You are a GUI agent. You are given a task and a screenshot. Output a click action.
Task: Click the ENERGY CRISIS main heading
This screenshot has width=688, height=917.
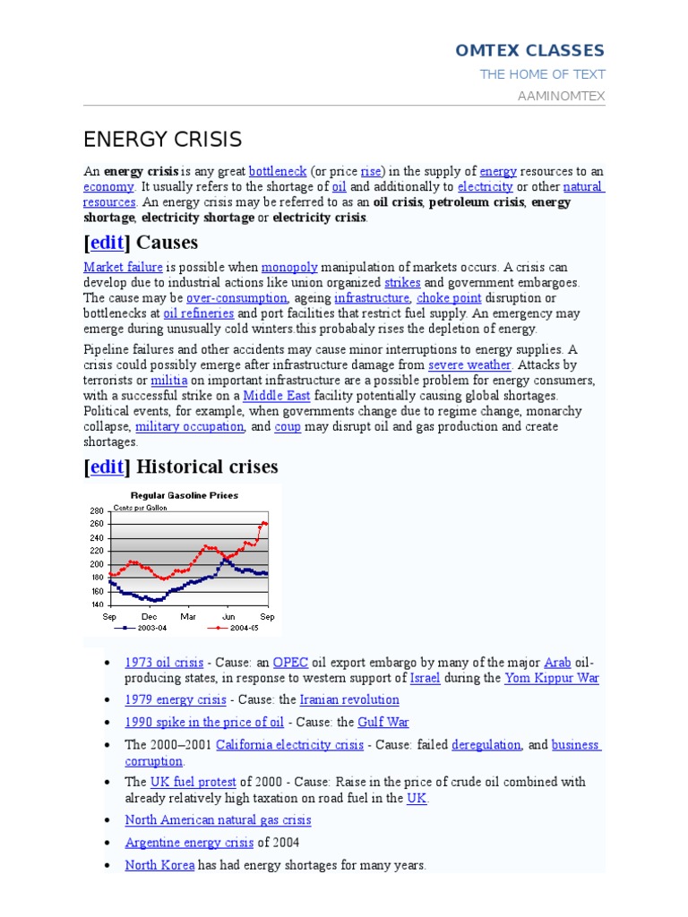[162, 140]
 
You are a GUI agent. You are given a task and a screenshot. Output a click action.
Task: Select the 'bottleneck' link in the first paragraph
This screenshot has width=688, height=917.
[278, 171]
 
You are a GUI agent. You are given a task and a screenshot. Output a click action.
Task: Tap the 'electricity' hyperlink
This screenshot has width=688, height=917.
[485, 187]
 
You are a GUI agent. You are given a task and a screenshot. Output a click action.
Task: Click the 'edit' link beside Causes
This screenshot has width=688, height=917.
[107, 243]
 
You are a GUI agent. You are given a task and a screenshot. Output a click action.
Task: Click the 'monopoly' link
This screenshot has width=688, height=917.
[289, 268]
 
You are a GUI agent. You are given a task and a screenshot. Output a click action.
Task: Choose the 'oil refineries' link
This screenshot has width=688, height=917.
[198, 313]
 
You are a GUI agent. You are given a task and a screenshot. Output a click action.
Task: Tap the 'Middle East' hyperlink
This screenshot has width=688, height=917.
[276, 396]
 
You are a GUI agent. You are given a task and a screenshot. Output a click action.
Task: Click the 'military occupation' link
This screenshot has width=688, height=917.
[189, 427]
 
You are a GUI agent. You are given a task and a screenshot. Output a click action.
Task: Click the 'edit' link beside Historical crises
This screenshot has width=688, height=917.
[107, 467]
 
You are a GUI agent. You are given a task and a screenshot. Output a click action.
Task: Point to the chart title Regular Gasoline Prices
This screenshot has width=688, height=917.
[185, 494]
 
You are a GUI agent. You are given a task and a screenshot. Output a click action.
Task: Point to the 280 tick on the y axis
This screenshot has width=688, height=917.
[97, 510]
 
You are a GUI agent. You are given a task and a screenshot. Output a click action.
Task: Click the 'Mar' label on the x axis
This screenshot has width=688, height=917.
[189, 617]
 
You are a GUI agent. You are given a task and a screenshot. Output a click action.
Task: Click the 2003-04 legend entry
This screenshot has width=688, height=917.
[143, 628]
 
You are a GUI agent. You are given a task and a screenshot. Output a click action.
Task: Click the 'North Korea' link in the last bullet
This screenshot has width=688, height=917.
[159, 865]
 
